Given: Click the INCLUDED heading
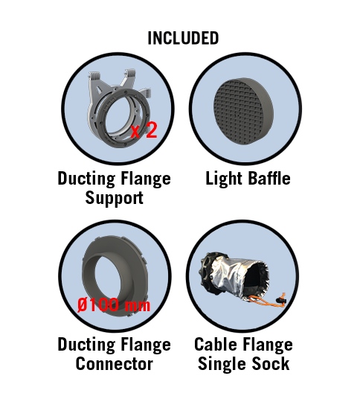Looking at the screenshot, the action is (183, 38).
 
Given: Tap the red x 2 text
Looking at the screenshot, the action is (144, 130).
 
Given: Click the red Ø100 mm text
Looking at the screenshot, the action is (114, 304).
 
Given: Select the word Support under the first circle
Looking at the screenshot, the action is (115, 198).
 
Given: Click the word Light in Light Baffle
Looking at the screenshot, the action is (224, 179).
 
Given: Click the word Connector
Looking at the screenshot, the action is (115, 363).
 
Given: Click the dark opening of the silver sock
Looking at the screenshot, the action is (256, 278).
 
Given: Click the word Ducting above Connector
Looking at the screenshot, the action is (86, 345).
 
